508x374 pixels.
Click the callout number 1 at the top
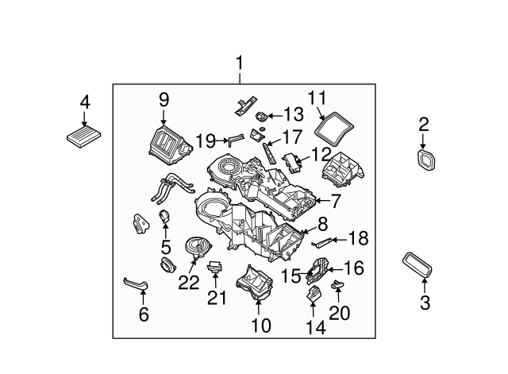coord(239,63)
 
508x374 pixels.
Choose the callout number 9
coord(164,99)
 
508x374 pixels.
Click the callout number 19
coord(206,141)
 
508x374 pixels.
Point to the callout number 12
coord(320,152)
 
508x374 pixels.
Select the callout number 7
coord(334,201)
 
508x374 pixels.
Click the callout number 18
coord(359,237)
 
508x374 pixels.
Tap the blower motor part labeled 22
coord(194,247)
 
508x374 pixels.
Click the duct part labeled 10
coord(254,285)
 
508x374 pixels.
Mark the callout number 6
coord(143,315)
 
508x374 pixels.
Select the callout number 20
coord(339,313)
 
